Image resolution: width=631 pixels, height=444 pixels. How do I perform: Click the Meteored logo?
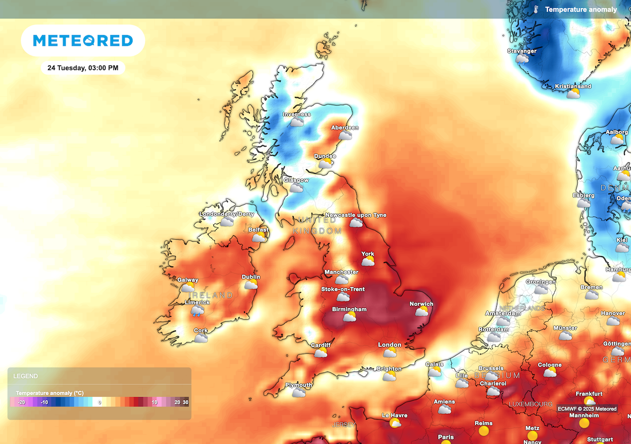click(x=83, y=40)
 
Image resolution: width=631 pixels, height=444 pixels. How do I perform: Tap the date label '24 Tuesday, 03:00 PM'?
click(x=83, y=68)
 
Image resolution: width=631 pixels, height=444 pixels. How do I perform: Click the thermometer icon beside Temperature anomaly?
click(x=536, y=9)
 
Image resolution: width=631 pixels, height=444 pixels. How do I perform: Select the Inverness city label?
click(x=296, y=114)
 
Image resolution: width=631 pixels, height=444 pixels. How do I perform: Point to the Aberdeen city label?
click(x=345, y=128)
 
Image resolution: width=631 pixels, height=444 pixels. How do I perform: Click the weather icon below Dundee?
click(x=325, y=164)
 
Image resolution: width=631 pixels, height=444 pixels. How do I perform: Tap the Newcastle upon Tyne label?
click(x=355, y=215)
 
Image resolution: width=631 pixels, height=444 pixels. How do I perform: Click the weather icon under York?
click(x=368, y=261)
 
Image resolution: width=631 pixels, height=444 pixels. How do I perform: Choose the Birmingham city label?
click(x=349, y=309)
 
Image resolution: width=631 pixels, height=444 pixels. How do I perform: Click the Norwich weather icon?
click(x=421, y=311)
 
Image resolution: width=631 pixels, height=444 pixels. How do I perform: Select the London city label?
click(x=389, y=345)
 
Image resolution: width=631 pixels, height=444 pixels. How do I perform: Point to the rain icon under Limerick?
click(x=198, y=311)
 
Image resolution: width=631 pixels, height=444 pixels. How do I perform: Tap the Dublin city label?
click(x=251, y=277)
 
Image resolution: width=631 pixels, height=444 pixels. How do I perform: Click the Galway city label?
click(x=188, y=280)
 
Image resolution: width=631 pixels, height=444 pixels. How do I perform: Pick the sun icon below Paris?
click(x=447, y=443)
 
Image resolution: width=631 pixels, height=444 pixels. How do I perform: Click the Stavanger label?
click(x=522, y=51)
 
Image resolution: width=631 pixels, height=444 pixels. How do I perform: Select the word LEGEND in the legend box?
click(x=26, y=376)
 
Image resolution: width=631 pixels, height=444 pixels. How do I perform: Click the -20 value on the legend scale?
click(x=22, y=403)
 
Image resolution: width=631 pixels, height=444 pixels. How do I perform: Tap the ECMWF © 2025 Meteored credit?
click(x=587, y=409)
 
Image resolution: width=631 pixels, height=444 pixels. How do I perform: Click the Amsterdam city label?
click(x=503, y=314)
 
